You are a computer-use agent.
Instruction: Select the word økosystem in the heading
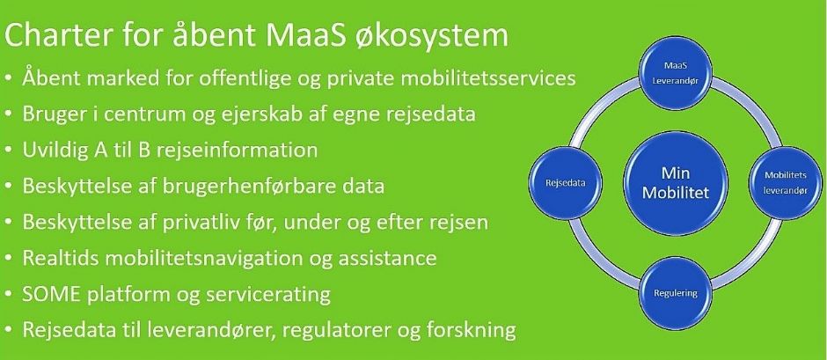tap(443, 36)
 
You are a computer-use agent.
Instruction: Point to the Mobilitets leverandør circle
tap(786, 183)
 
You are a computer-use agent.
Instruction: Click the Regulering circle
tap(676, 293)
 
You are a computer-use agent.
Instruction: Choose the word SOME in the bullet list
tap(51, 294)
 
